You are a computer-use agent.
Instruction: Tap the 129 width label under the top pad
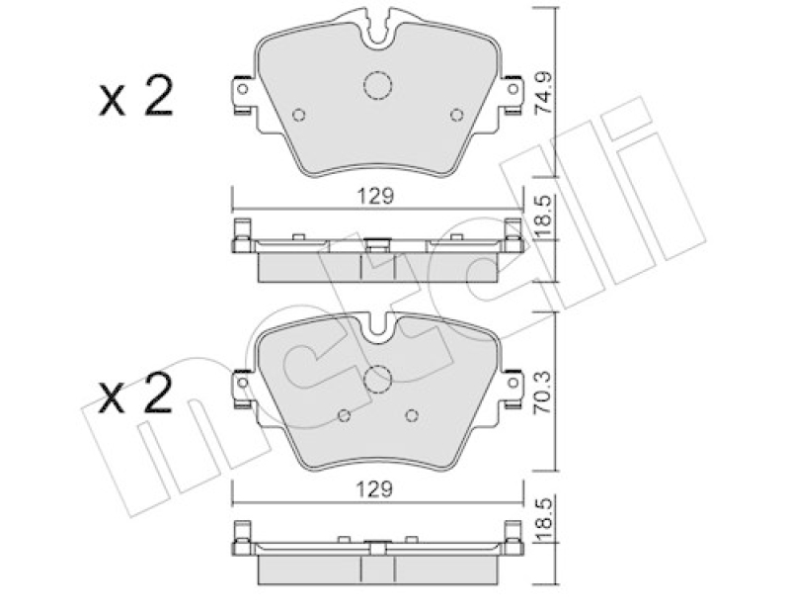tap(375, 196)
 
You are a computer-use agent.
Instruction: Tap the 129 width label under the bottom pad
tap(374, 488)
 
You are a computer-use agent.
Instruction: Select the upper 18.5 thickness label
tap(544, 219)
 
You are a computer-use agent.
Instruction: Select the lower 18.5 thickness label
tap(544, 520)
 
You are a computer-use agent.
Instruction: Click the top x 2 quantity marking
tap(136, 96)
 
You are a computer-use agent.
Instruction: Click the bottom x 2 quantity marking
tap(136, 395)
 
